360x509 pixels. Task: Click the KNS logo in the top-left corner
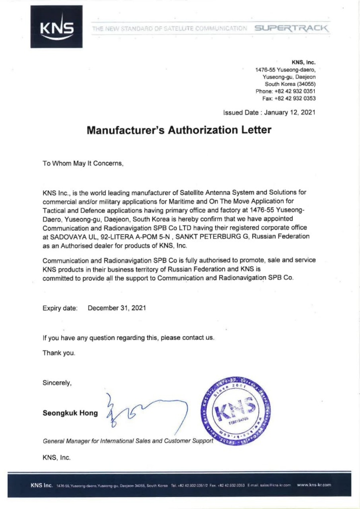tap(56, 27)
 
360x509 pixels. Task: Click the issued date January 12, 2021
tap(290, 113)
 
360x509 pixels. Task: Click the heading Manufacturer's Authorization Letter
tap(180, 130)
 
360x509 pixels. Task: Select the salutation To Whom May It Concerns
tap(83, 163)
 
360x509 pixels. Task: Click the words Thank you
tap(59, 353)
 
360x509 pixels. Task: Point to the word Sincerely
tap(57, 383)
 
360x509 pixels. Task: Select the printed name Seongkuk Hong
tap(70, 413)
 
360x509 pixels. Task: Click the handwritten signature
tap(144, 412)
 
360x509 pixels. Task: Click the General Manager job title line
tap(128, 441)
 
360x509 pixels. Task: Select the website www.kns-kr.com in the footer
tap(314, 485)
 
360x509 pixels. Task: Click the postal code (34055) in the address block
tap(303, 85)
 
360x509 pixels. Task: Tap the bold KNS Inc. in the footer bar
tap(41, 485)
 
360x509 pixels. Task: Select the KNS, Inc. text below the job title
tap(57, 457)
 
